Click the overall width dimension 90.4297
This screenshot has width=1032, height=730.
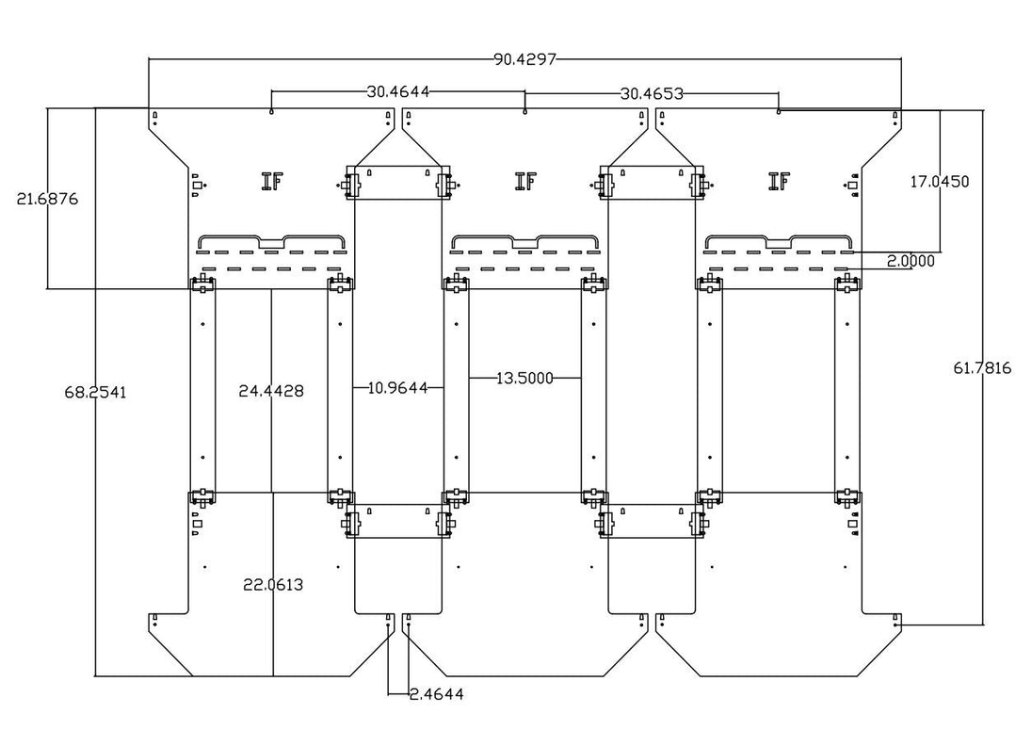525,59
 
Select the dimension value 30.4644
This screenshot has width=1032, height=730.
398,92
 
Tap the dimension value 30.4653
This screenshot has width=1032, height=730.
652,93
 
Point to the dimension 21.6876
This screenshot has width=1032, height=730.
47,199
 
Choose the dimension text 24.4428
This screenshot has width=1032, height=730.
271,390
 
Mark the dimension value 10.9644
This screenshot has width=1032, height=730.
398,386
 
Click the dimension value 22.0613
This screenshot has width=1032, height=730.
272,585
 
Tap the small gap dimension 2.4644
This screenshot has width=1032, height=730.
436,694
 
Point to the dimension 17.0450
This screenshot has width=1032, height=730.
939,181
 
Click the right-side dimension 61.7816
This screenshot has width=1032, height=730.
982,368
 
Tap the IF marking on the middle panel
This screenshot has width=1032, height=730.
525,181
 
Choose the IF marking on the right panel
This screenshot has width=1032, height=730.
779,181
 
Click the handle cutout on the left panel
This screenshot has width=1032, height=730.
272,242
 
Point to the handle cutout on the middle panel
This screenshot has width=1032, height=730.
525,242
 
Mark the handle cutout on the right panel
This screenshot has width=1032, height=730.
779,242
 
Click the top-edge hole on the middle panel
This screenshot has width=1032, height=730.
525,112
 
